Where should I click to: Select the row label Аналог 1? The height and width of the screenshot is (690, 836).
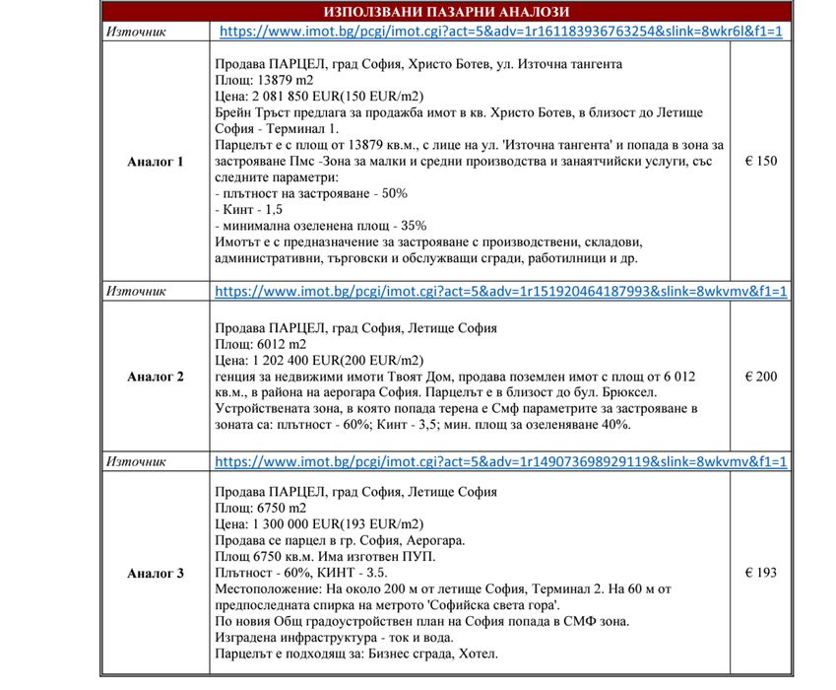pos(155,161)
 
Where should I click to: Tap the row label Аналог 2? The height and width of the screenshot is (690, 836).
pos(155,377)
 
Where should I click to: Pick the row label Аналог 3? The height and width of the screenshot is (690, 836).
pos(155,573)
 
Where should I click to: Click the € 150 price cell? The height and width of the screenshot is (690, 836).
pos(760,161)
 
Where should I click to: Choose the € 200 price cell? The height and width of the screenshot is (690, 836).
pos(760,377)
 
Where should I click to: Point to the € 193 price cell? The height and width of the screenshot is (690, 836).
pos(760,573)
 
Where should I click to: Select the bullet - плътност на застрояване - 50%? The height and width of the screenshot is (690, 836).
pos(310,193)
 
